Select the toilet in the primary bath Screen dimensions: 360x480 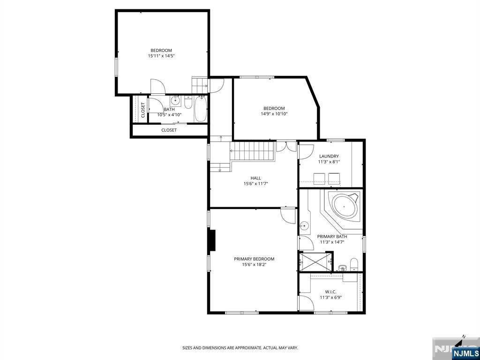tap(354, 264)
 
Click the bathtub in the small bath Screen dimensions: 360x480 tap(201, 109)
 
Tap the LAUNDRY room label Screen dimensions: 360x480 tap(329, 156)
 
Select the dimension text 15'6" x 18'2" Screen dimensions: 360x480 tap(254, 264)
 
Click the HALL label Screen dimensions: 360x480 tap(255, 178)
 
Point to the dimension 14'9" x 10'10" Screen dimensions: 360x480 tap(274, 114)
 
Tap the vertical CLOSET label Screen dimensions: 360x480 tap(143, 110)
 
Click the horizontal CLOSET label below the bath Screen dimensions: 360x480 tap(169, 130)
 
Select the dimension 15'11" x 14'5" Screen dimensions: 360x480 tap(161, 56)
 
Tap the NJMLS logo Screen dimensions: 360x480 tap(465, 353)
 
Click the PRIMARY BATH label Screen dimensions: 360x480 tap(332, 237)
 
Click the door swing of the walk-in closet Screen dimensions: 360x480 tap(306, 302)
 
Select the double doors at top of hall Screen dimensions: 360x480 tap(286, 146)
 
